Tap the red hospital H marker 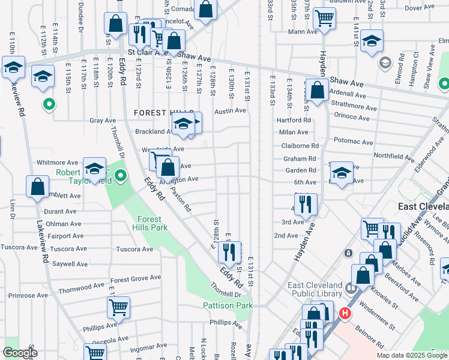(x=345, y=313)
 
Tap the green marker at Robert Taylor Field (x=121, y=176)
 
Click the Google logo (x=20, y=353)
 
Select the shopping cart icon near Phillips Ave (x=119, y=307)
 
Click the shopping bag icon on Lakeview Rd (x=37, y=186)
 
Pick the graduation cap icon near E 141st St (x=372, y=40)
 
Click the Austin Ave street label (x=231, y=110)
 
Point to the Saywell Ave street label (x=70, y=264)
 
